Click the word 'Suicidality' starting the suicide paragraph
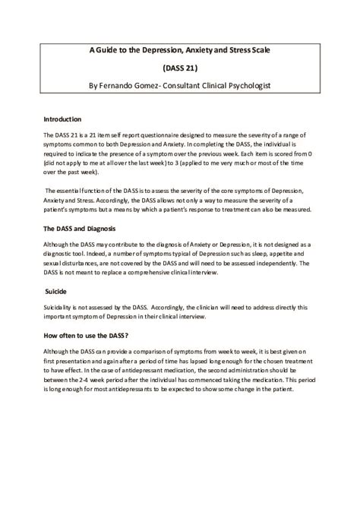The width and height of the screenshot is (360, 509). (62, 307)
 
